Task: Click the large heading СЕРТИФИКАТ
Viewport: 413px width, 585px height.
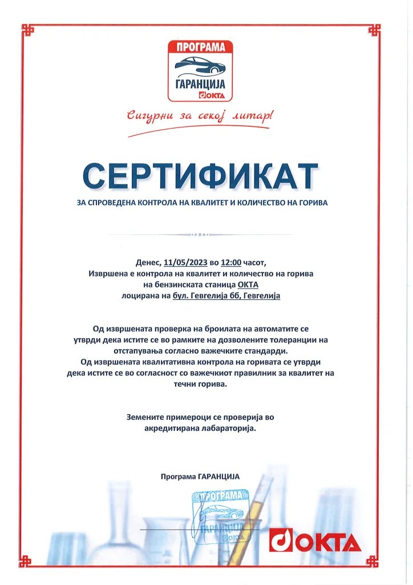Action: pos(200,175)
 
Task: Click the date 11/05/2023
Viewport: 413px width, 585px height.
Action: pos(185,263)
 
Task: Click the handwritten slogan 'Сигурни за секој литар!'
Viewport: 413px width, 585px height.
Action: pos(200,116)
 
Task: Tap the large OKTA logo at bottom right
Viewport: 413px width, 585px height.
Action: pos(315,541)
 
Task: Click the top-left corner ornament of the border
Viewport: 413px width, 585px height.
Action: pos(27,30)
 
